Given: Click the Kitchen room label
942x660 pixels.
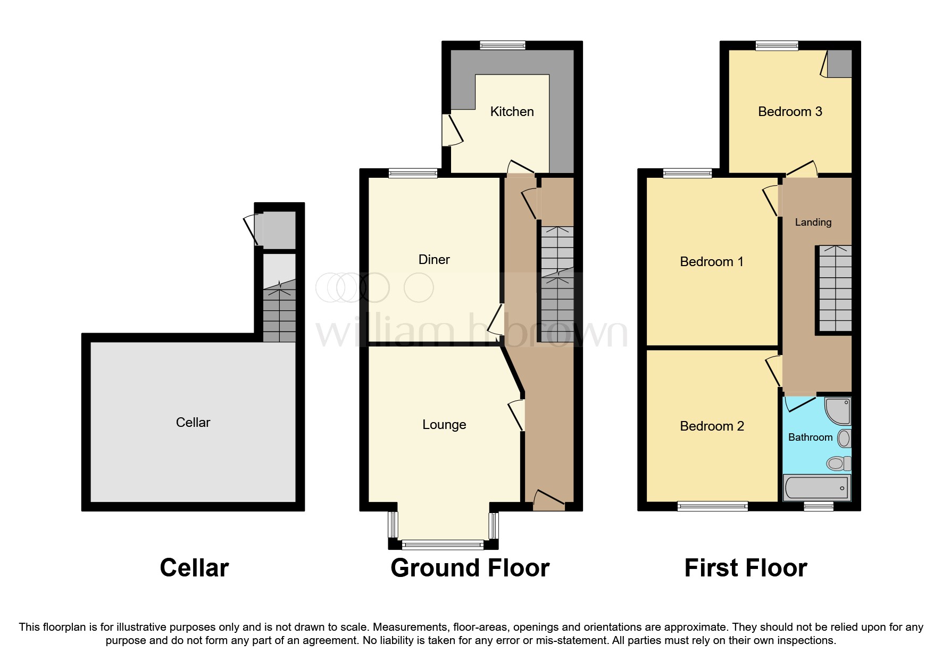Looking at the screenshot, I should point(512,112).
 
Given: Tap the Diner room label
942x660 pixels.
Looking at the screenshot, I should point(434,260).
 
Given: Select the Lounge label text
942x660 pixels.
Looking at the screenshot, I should point(444,425).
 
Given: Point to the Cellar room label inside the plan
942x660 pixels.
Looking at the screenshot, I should point(193,423).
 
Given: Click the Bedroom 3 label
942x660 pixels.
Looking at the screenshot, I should point(790,112).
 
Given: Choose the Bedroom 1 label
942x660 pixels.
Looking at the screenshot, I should point(712,262).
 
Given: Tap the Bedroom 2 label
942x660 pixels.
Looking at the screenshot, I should point(712,426).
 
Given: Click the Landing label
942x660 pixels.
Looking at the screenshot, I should point(813,222).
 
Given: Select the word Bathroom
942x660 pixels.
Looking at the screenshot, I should point(810,438).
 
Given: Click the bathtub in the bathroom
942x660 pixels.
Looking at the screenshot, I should point(816,488).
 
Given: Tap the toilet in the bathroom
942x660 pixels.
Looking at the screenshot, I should point(838,464).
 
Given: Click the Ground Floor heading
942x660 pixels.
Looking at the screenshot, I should point(470,568).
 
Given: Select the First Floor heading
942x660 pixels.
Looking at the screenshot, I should point(745,568).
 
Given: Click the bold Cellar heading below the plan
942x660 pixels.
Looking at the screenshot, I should point(194,568).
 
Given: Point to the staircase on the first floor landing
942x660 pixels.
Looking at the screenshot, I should point(835,289).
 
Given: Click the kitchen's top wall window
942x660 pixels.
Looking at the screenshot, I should point(503,45).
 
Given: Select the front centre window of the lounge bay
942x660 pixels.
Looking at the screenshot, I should point(443,544).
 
